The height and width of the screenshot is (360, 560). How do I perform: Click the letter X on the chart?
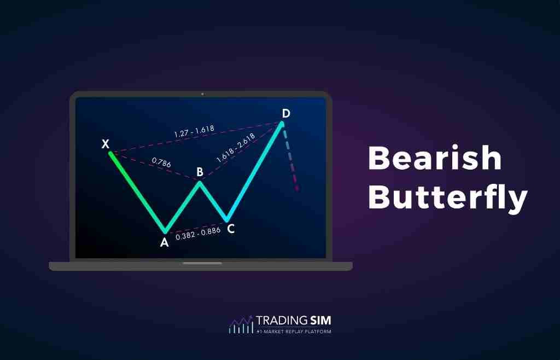pos(106,144)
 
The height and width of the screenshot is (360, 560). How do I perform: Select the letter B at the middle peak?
pos(200,172)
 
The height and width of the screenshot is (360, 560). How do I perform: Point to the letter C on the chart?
pos(231,229)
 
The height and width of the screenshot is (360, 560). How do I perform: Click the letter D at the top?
pos(285,113)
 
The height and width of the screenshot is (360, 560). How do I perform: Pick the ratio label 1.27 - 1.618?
pos(194,131)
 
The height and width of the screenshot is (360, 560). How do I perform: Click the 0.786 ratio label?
pos(160,161)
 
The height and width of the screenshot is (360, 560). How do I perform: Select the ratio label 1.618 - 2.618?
pos(236,148)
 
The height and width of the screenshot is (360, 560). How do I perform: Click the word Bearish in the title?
pos(435,158)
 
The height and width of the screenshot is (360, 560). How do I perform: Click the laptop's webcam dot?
pos(202,94)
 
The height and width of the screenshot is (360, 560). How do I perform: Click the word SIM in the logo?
pos(319,321)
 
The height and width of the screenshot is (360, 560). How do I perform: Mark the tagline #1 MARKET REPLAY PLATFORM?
pos(293,332)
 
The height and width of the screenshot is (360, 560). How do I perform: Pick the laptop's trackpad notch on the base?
pos(202,263)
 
